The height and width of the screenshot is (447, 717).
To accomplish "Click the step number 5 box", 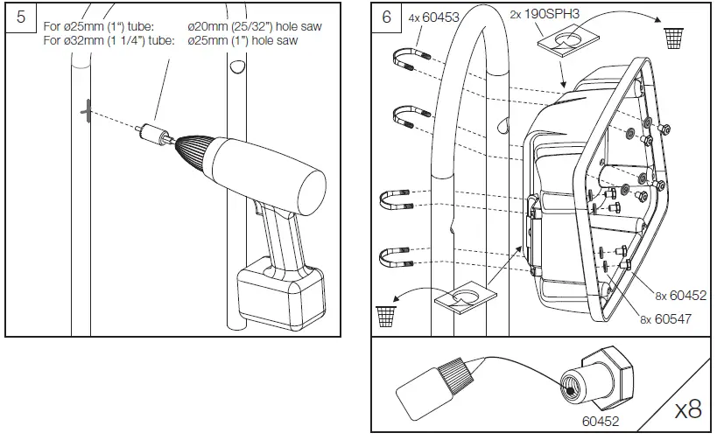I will (x=22, y=19).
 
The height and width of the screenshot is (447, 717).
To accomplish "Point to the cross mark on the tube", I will (x=86, y=111).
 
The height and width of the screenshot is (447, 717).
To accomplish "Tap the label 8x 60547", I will (x=665, y=319).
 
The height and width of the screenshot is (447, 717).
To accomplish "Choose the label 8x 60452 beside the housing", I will (x=680, y=297).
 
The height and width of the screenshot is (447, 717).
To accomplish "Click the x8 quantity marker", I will (x=687, y=409).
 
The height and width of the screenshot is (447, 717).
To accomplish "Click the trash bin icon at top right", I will (x=673, y=38).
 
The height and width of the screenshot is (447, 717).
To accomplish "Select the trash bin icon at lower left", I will (x=385, y=314).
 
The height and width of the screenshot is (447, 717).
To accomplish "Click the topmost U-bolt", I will (x=411, y=64).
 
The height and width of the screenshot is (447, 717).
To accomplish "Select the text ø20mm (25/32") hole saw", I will (x=255, y=27).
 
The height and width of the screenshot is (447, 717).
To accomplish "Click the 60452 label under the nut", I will (x=601, y=421).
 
